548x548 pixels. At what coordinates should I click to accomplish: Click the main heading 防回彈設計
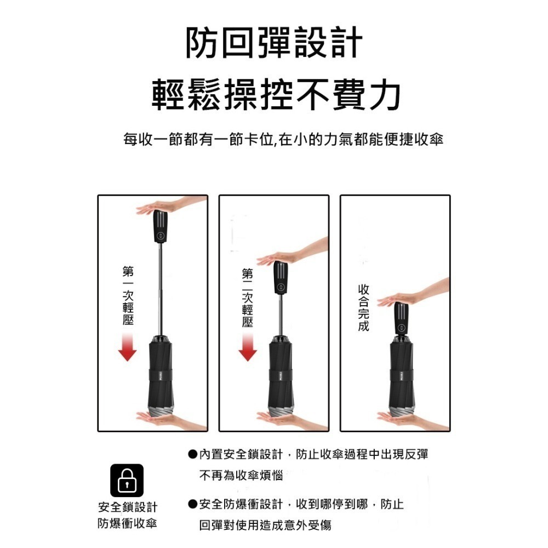coord(274,43)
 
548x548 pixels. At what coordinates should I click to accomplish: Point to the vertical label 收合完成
coord(363,307)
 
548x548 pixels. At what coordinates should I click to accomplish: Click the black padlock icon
coord(127,481)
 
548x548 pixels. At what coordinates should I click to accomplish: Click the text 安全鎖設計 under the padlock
coord(127,507)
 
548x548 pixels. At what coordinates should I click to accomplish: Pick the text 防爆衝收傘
coord(127,523)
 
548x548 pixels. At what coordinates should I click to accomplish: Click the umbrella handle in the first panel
coord(161,226)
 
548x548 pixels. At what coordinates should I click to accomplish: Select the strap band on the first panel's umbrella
coord(161,376)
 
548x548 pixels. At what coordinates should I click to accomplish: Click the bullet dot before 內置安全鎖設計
coord(192,454)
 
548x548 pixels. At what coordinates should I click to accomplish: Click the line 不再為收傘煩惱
coord(241,476)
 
